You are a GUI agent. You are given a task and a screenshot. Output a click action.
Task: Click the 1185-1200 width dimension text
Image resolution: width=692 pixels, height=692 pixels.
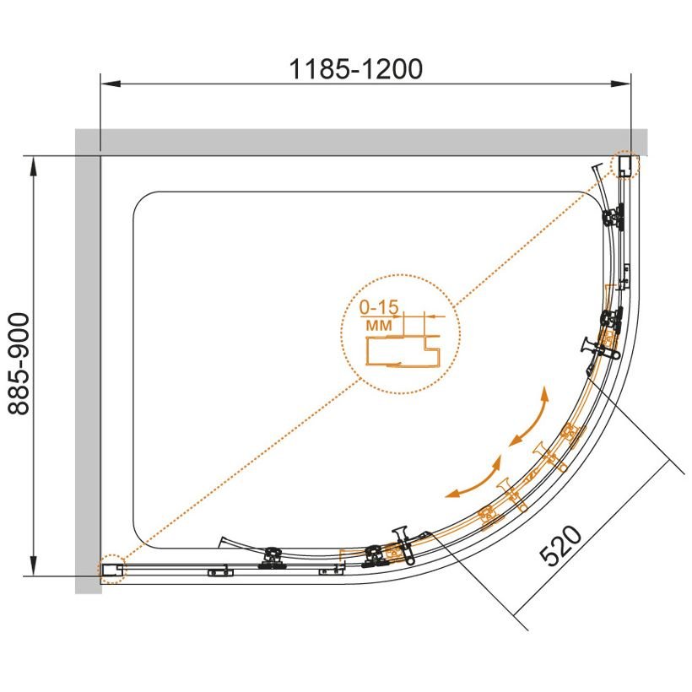356,69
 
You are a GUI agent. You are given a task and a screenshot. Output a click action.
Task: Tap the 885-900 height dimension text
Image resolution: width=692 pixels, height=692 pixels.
19,364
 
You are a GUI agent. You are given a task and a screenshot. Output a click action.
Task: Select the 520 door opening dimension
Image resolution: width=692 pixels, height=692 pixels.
561,545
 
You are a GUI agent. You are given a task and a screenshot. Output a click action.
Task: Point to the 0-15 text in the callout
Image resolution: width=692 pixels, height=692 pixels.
379,307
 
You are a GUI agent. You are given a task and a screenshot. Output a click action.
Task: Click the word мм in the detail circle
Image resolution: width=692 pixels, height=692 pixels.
379,325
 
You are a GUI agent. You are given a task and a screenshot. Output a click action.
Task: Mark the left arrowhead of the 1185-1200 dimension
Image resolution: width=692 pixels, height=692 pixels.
111,84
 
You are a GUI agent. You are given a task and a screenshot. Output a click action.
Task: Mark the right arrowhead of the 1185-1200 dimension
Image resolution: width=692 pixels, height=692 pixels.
620,84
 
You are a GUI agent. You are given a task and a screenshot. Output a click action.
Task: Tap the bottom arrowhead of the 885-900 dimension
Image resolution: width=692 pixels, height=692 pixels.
33,565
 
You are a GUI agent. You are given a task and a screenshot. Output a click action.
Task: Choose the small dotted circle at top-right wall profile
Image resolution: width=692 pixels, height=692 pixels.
624,165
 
